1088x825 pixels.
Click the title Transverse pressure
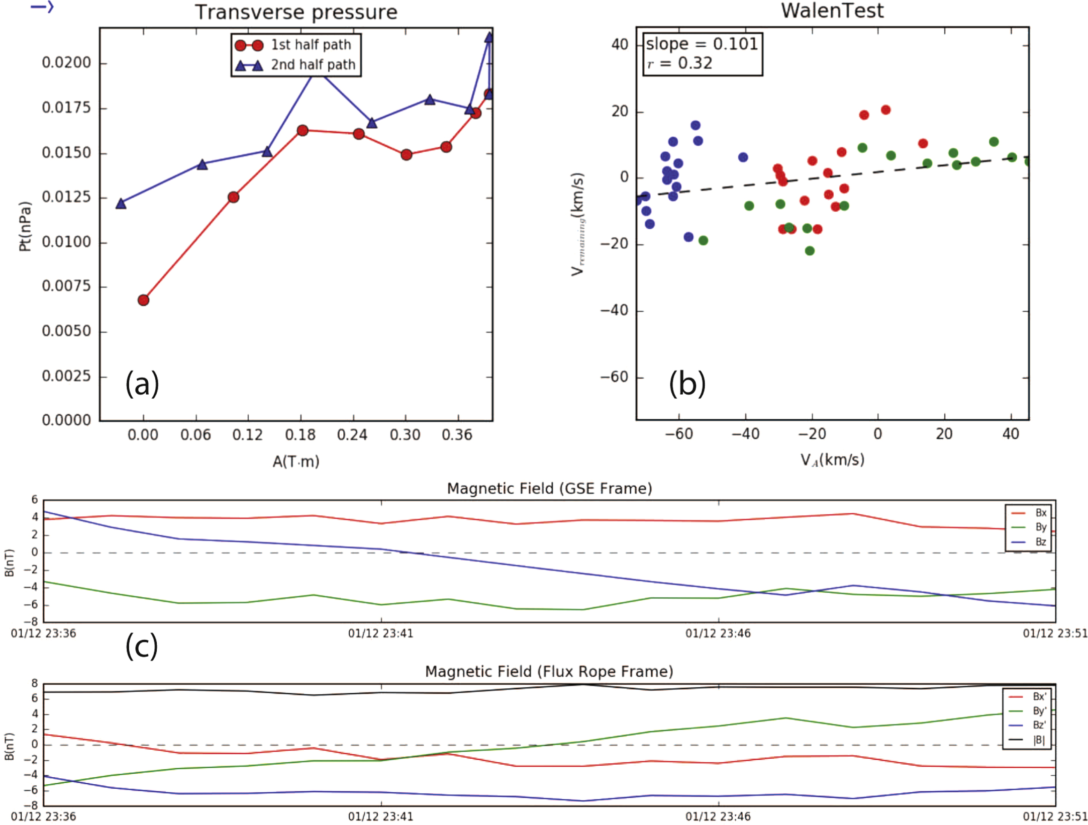point(296,12)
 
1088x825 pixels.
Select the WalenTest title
point(832,11)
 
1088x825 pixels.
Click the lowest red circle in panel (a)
point(143,300)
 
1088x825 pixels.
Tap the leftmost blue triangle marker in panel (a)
point(121,204)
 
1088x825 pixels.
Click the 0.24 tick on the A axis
point(352,435)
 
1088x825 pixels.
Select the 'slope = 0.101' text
point(702,44)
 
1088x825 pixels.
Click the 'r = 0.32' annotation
point(680,63)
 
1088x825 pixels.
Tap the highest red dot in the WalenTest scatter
point(885,110)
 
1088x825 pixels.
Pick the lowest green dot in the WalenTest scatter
point(810,250)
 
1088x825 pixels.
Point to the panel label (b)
point(687,384)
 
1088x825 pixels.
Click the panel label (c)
point(142,646)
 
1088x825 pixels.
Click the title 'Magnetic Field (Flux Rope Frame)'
point(549,672)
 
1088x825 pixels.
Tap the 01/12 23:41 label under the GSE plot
point(380,633)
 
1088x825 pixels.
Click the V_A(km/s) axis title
point(832,460)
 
